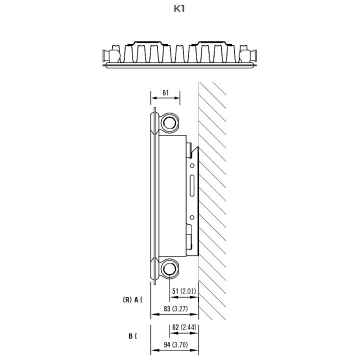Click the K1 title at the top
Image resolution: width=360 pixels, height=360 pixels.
click(179, 8)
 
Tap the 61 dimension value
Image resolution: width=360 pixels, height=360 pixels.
click(165, 93)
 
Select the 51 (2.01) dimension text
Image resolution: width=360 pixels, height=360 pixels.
click(184, 291)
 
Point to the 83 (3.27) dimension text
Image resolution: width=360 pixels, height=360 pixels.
click(175, 309)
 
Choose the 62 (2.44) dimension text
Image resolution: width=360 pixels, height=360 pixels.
click(184, 327)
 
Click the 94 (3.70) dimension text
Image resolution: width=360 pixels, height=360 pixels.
click(175, 344)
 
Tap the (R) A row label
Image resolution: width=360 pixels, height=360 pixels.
click(132, 299)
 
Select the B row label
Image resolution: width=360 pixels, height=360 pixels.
click(132, 336)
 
